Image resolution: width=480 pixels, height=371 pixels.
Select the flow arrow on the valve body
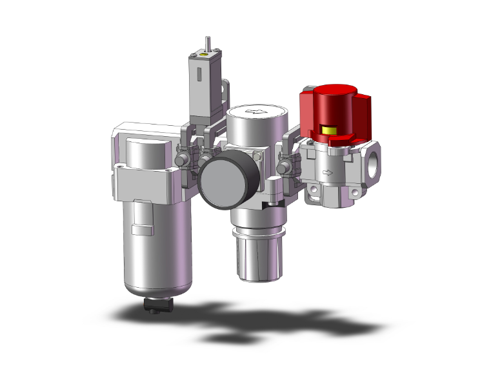328,172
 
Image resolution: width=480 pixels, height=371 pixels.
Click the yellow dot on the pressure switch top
205,57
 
